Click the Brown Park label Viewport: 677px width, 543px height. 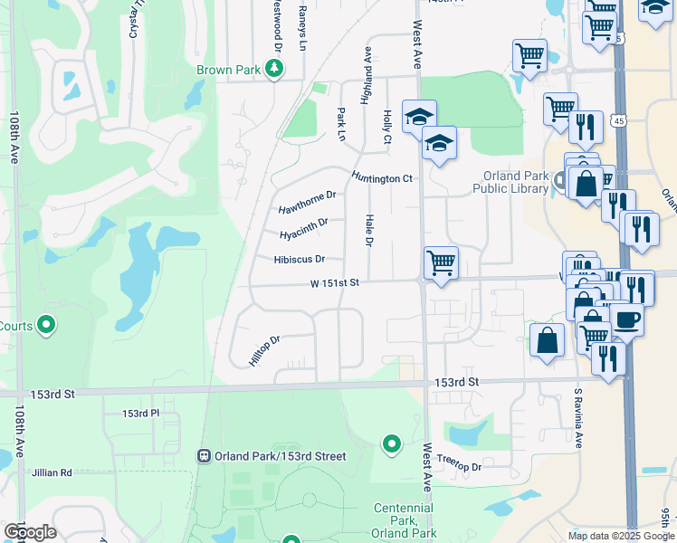(x=229, y=69)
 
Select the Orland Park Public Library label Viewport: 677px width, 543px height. (x=509, y=182)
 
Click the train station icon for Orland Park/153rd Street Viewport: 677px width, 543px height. (x=205, y=456)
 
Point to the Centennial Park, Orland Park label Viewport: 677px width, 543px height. (x=403, y=520)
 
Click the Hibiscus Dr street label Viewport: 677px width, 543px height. (x=299, y=259)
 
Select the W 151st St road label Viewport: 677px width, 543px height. (x=335, y=283)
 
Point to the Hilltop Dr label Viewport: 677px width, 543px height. (x=265, y=351)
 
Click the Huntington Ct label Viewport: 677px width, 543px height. (x=382, y=178)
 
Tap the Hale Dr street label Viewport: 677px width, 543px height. (x=369, y=230)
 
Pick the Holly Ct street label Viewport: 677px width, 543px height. (x=386, y=128)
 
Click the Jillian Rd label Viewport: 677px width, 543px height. (x=52, y=472)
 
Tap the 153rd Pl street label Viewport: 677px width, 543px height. (x=140, y=414)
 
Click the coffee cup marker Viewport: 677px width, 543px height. (x=625, y=319)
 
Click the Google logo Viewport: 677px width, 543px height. (x=30, y=532)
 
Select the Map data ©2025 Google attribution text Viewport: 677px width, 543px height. (x=620, y=536)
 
